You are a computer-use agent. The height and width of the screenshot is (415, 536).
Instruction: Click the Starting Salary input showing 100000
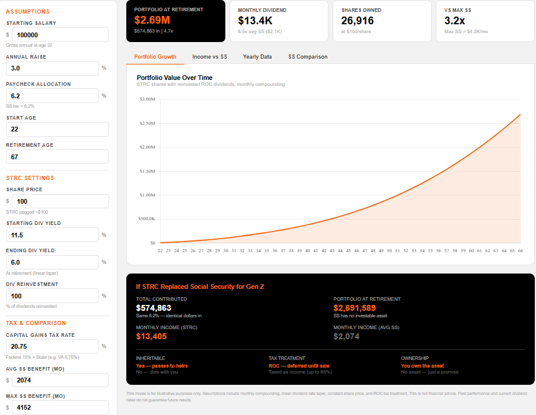[60, 35]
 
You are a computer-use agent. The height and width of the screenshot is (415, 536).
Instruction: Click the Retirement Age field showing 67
[57, 156]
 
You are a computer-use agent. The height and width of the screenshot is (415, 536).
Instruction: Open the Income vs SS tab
[209, 57]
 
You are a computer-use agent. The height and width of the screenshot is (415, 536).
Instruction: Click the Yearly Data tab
[257, 57]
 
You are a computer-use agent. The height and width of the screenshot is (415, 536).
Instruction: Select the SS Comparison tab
[308, 57]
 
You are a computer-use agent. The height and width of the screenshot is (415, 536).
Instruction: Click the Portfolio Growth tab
[155, 57]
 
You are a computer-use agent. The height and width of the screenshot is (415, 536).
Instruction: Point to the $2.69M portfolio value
[152, 20]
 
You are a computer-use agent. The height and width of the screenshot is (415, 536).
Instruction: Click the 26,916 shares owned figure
[358, 20]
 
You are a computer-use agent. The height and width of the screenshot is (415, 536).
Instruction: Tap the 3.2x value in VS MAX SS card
[455, 20]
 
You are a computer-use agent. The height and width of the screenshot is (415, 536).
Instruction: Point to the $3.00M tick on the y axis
[147, 99]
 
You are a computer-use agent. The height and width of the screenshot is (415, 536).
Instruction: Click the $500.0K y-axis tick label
[146, 218]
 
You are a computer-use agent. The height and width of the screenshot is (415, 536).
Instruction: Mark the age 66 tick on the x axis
[520, 250]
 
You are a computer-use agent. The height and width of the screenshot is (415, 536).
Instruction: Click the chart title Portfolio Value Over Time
[174, 78]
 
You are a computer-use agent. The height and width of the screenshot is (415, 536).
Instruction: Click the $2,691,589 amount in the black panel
[355, 308]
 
